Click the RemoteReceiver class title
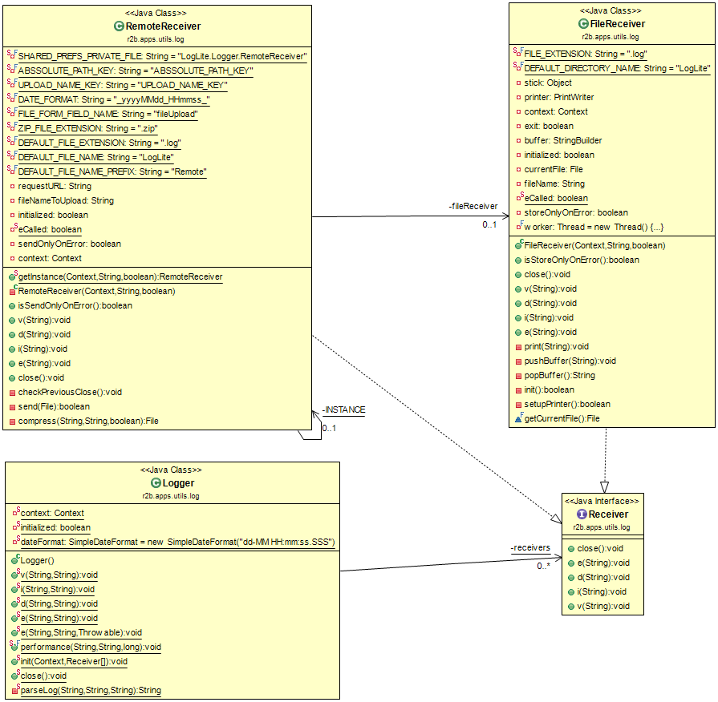[x=163, y=26]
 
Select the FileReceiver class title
[x=616, y=24]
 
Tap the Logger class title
[x=178, y=483]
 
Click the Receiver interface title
[x=607, y=514]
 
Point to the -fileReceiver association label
[x=473, y=207]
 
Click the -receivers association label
[x=530, y=547]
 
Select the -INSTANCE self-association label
[x=343, y=409]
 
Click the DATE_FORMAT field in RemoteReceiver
[x=113, y=99]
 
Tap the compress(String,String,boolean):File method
[x=88, y=421]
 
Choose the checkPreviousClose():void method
[x=70, y=392]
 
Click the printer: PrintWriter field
[x=559, y=97]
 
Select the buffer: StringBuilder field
[x=562, y=140]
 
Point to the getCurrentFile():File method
[x=562, y=418]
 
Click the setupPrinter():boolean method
[x=567, y=404]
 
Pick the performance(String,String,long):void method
[x=90, y=647]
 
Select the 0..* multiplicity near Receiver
[x=544, y=566]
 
